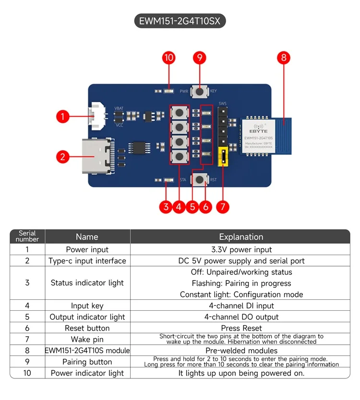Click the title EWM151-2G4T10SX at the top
180,21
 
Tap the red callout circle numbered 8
284,58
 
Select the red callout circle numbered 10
168,58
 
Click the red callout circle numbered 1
62,116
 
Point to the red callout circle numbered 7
222,207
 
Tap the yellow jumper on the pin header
222,157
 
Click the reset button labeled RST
199,180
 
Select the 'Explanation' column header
241,237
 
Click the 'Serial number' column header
27,236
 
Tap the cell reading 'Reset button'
87,328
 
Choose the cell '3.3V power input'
241,249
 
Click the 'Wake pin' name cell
87,340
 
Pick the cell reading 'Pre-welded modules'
241,351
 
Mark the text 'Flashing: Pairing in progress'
241,283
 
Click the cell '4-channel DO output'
241,317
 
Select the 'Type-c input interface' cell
87,261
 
